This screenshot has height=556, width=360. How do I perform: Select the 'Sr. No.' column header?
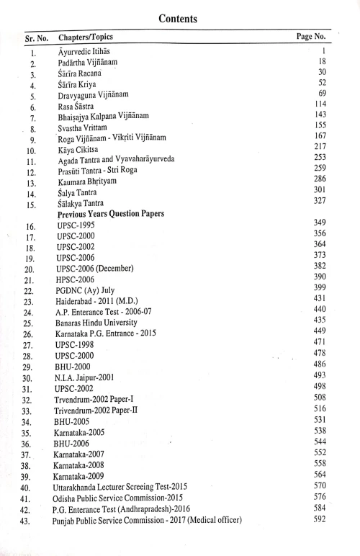tap(31, 37)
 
